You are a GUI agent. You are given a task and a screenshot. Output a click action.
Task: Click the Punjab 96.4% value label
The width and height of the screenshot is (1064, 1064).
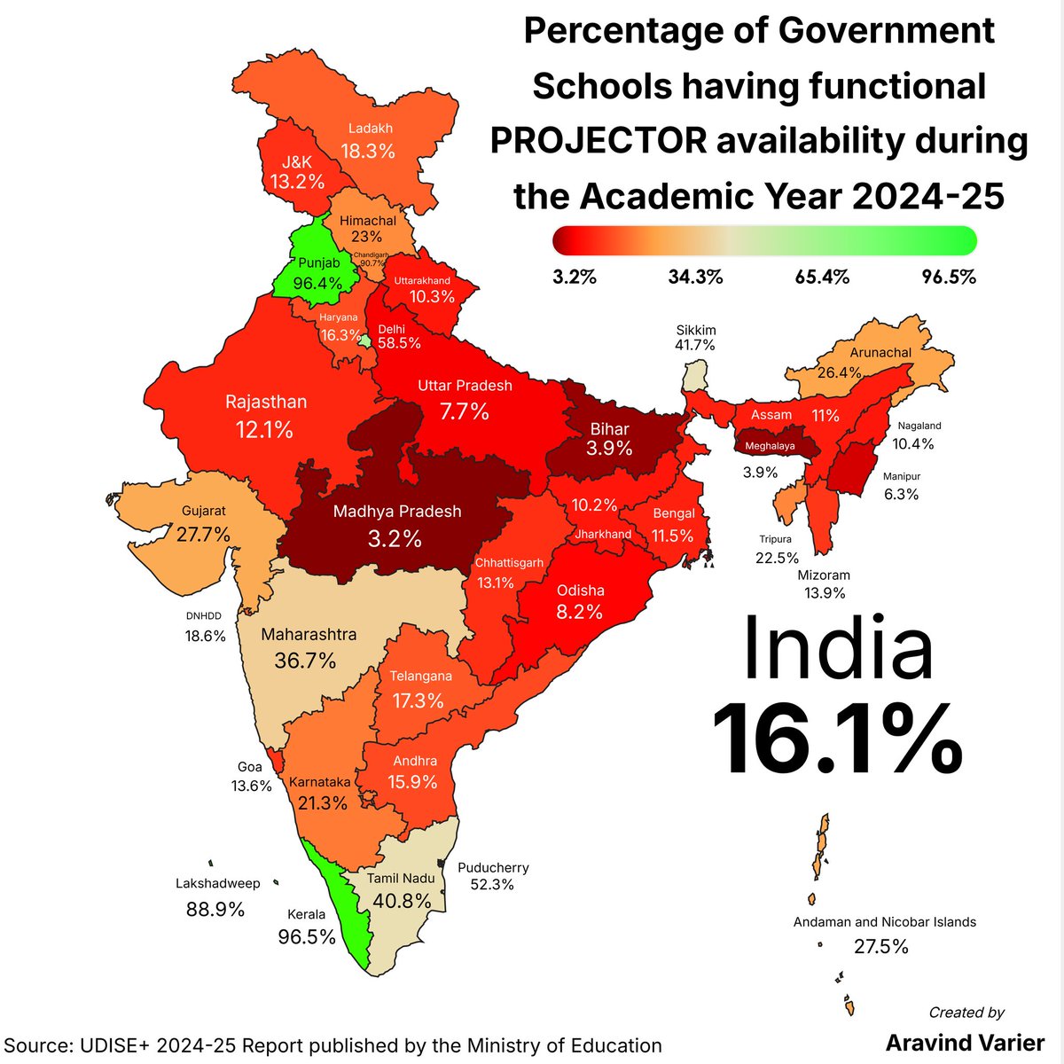point(317,284)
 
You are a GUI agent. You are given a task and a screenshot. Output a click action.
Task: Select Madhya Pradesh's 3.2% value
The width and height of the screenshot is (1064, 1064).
point(395,538)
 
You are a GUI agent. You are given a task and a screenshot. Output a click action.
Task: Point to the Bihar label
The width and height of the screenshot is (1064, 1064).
point(609,429)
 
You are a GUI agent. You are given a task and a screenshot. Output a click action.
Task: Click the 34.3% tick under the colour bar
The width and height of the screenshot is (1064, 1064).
point(695,278)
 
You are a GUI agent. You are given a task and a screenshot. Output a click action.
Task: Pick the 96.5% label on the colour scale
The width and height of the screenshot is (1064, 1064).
point(949,278)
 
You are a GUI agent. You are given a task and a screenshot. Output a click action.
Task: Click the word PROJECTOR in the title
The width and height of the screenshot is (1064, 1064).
point(598,140)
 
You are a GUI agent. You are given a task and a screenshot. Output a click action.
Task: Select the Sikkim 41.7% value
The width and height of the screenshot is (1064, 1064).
point(695,346)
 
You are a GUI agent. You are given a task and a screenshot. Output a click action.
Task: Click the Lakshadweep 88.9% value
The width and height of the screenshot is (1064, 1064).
point(215,909)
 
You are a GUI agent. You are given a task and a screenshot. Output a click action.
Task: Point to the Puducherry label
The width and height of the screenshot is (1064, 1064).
point(493,868)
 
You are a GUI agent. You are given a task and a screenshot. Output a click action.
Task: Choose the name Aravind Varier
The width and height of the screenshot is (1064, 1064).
point(966,1042)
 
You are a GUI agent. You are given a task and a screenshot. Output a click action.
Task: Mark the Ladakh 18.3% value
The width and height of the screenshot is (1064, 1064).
point(368,151)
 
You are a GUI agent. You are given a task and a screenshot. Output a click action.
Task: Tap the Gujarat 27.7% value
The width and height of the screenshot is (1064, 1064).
point(203,534)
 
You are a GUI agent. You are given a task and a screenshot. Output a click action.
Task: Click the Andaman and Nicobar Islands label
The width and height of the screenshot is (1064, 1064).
point(884,922)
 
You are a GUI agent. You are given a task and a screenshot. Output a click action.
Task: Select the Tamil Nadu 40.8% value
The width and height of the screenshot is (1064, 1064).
point(402,901)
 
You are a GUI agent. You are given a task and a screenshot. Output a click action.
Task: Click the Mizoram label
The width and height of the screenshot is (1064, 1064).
point(824,575)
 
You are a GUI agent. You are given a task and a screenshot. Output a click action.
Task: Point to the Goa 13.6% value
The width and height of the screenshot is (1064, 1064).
point(251,786)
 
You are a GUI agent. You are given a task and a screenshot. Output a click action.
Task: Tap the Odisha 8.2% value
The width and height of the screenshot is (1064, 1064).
point(580,611)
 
